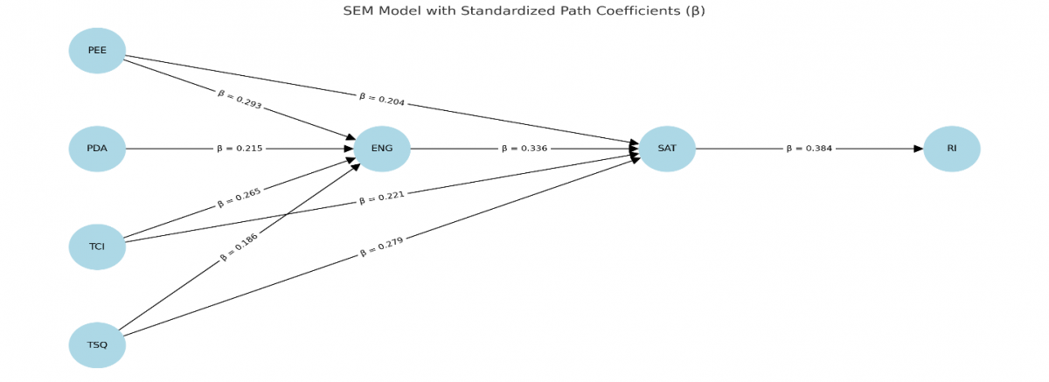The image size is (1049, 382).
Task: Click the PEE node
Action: click(97, 50)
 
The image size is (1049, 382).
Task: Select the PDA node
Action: click(97, 149)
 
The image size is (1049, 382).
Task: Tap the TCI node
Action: click(97, 247)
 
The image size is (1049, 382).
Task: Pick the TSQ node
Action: click(97, 345)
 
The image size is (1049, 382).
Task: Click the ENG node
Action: click(382, 149)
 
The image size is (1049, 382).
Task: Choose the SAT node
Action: click(667, 149)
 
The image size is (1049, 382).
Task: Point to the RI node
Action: click(951, 149)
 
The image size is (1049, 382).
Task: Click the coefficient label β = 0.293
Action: click(240, 100)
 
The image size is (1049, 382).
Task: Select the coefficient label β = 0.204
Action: click(382, 100)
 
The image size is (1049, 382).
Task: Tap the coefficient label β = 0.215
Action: click(240, 149)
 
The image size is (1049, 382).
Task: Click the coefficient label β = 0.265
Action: click(240, 198)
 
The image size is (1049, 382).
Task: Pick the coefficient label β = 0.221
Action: click(382, 198)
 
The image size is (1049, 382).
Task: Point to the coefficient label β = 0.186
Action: click(240, 247)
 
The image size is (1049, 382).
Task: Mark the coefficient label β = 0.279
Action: click(382, 247)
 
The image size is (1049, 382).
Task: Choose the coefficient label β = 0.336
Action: click(524, 149)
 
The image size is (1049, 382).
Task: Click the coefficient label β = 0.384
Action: click(809, 149)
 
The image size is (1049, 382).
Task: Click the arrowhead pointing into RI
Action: click(918, 149)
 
